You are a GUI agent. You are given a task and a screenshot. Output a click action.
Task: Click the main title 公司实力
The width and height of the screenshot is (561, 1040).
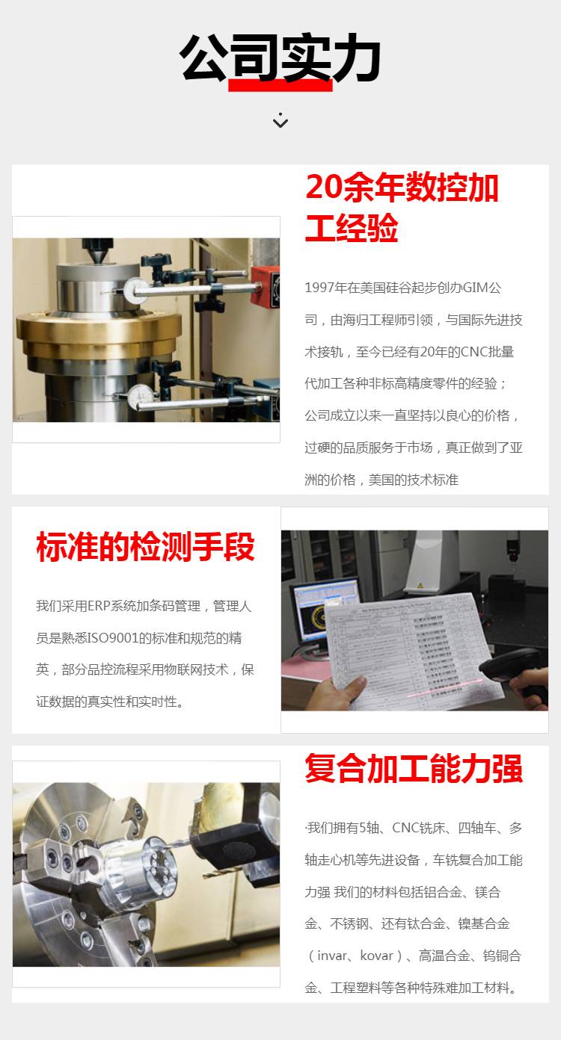click(280, 58)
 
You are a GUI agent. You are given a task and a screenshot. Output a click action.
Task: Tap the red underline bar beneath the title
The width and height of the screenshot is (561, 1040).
click(280, 85)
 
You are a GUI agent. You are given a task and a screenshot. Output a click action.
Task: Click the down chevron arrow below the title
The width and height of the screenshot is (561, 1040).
click(280, 120)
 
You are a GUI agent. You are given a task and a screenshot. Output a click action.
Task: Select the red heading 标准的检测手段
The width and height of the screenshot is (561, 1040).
click(145, 546)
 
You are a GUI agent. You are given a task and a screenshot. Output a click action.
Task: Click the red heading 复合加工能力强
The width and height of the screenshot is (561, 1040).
click(414, 768)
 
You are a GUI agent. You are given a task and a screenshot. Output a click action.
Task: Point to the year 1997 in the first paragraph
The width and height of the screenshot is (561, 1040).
click(319, 288)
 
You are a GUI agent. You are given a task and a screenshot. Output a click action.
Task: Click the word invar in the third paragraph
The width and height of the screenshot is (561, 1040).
click(332, 956)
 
